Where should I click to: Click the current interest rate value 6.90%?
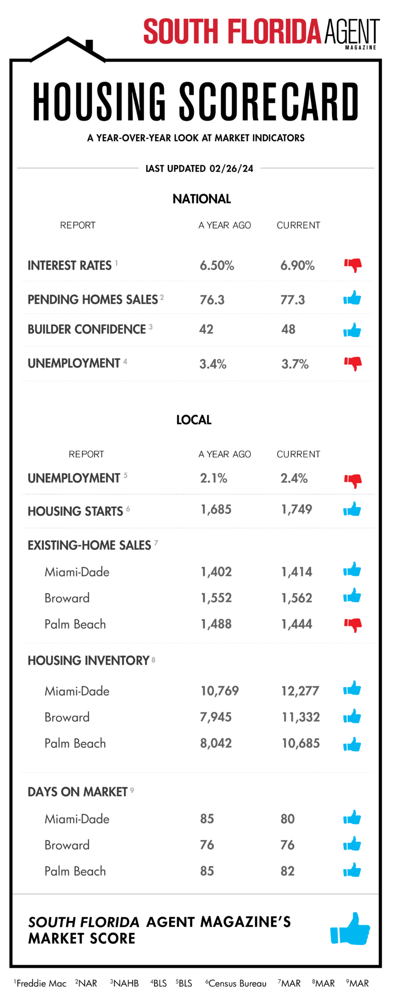coord(297,266)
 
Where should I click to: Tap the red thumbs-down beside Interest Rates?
coord(353,265)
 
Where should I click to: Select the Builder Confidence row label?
coord(87,329)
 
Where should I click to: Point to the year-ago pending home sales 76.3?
coord(212,300)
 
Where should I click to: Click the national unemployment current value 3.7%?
coord(295,364)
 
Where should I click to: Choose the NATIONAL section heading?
coord(202,199)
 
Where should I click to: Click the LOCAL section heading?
coord(194,420)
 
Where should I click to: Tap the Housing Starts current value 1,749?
coord(297,509)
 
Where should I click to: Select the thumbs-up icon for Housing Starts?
coord(352,509)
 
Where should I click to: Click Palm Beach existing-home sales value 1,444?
coord(297,624)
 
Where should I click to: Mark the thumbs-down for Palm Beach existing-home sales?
coord(353,625)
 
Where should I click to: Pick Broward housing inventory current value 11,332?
coord(301,717)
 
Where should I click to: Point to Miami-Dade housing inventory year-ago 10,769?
coord(219,691)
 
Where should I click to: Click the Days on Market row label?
coord(78,792)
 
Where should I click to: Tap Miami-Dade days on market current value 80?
coord(288,819)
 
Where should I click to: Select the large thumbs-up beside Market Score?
coord(350,929)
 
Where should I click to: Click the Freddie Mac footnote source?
coord(41,983)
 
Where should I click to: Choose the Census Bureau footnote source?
coord(237,983)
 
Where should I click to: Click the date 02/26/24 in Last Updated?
coord(231,168)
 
